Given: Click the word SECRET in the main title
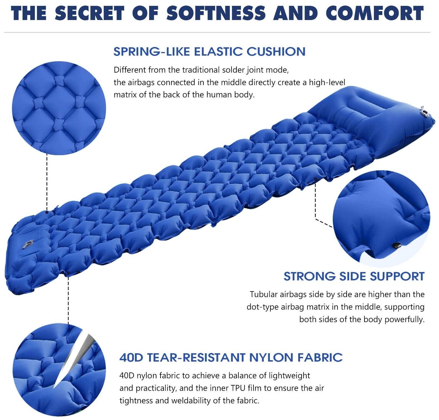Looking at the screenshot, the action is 89,13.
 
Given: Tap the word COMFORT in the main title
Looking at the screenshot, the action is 375,13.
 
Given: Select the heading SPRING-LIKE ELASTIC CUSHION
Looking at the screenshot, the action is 209,52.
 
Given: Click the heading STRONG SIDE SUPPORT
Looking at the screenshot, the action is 354,276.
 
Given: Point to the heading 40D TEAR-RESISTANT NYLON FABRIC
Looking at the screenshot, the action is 231,357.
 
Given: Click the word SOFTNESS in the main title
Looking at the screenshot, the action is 216,13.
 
